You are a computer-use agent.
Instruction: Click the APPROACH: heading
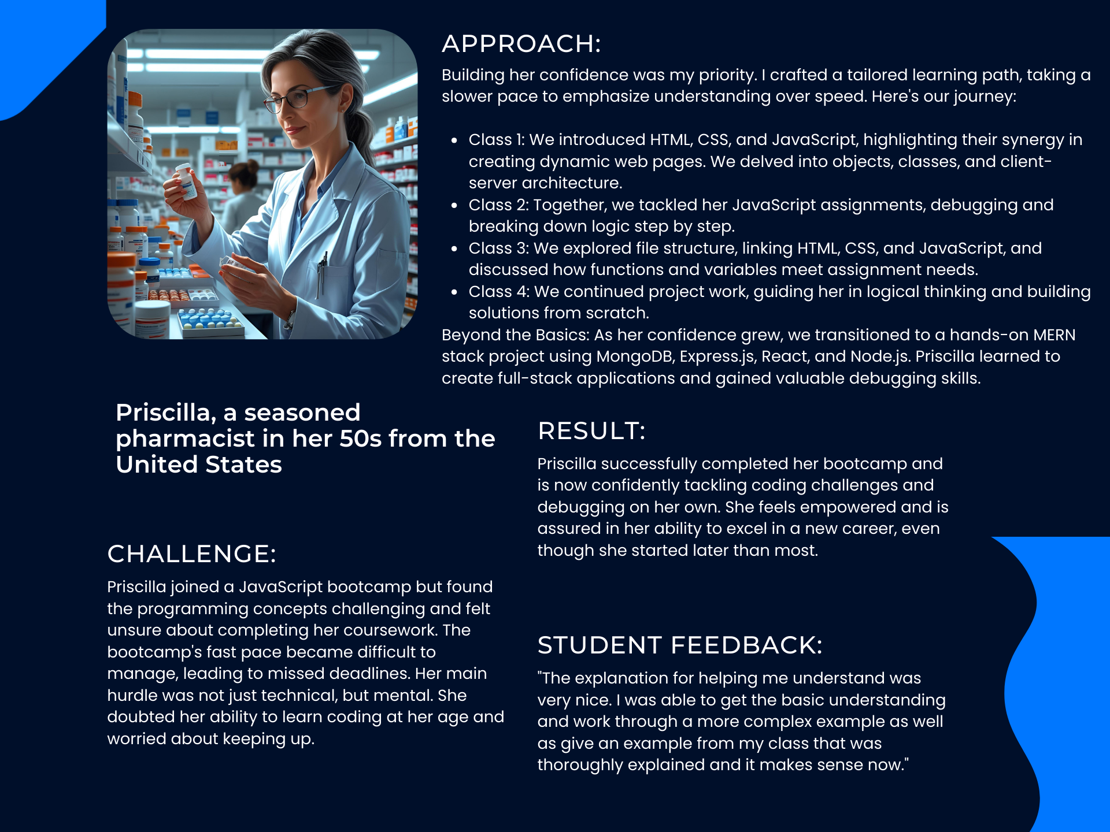click(x=521, y=44)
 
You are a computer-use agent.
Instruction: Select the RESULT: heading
click(x=591, y=431)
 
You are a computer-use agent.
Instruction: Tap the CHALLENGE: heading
click(x=191, y=554)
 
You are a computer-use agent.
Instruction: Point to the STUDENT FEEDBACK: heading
click(x=679, y=645)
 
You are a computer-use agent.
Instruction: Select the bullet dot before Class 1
click(x=455, y=140)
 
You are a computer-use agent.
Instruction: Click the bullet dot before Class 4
click(x=455, y=292)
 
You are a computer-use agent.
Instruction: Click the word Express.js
click(x=717, y=356)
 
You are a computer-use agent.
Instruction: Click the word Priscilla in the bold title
click(x=166, y=413)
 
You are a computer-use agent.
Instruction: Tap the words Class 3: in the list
click(x=498, y=248)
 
